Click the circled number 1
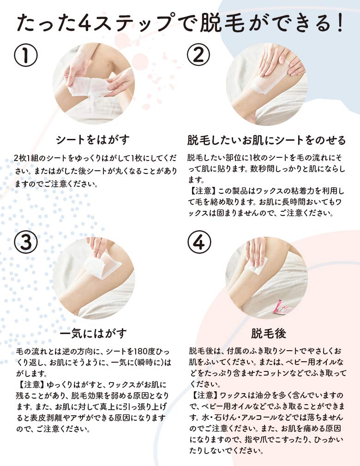pos(26,55)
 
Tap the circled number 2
pos(198,55)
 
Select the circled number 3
pos(26,242)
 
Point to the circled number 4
pos(199,242)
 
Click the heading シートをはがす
pos(93,139)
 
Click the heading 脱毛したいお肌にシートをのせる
pos(266,140)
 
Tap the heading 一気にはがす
pos(93,334)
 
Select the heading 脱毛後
pos(269,334)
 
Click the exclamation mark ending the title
pos(340,23)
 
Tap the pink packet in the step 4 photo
pos(283,308)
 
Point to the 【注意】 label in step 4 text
pos(204,395)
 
